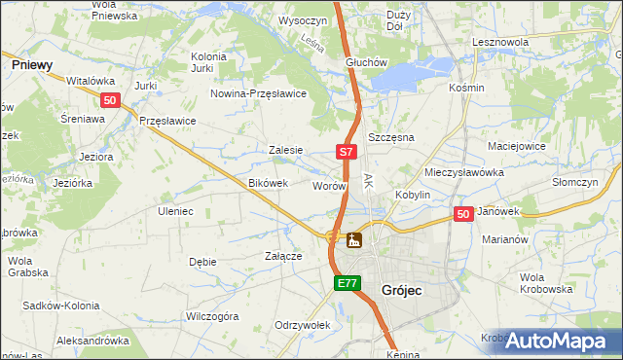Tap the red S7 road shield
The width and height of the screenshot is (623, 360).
click(348, 152)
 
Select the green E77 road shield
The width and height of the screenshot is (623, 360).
click(348, 283)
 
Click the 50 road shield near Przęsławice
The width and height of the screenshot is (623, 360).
click(110, 100)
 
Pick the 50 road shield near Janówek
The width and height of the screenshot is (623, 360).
click(463, 214)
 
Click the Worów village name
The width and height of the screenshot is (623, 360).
click(328, 185)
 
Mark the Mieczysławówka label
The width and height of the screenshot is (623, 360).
click(463, 172)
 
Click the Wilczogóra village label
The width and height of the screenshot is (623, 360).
click(212, 316)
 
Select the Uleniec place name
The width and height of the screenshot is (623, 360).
click(175, 210)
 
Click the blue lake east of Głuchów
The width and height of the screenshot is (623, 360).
click(409, 74)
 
